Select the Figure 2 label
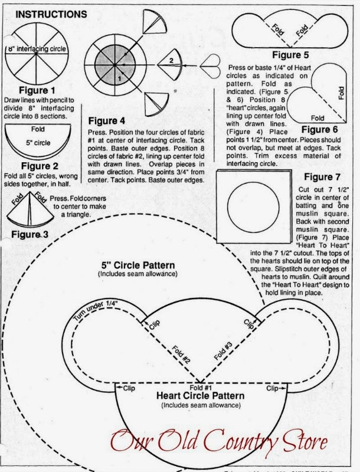point(38,167)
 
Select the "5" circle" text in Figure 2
point(38,142)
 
